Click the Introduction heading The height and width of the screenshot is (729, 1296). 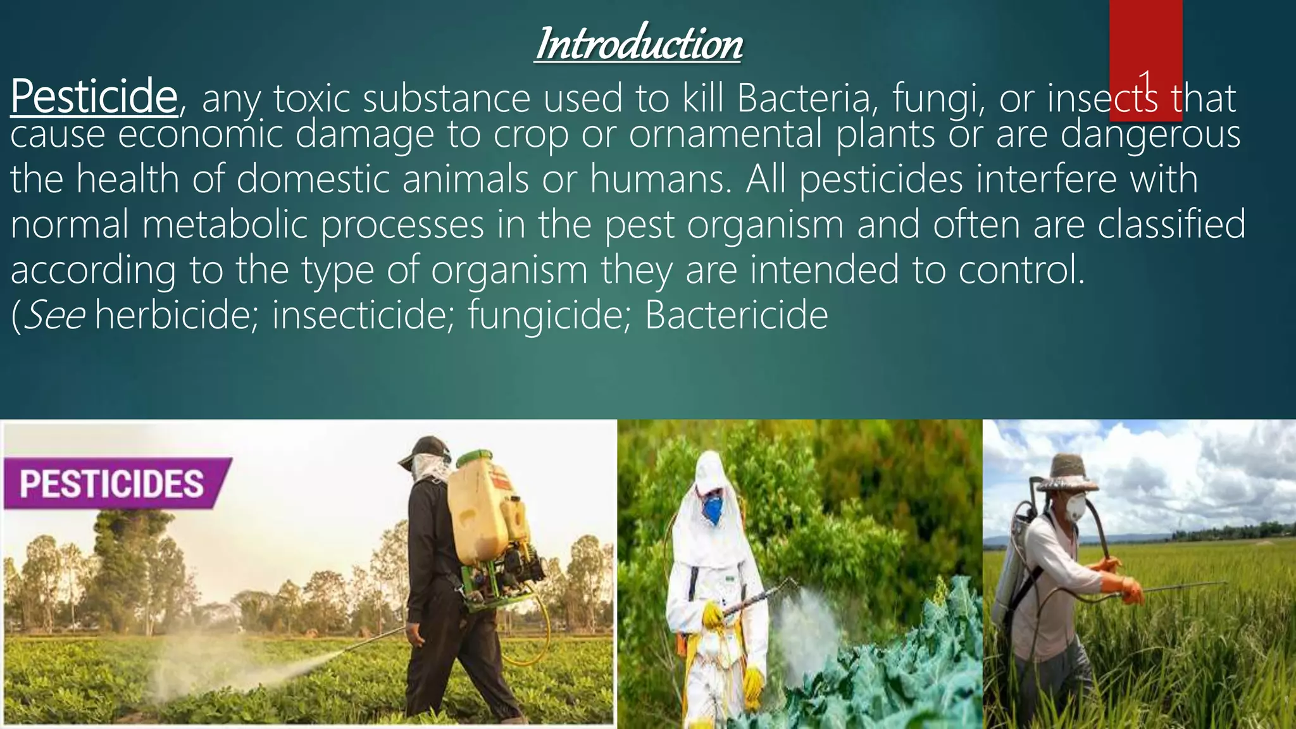point(639,44)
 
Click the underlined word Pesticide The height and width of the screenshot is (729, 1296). point(94,97)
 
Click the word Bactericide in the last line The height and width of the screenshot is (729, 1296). point(736,315)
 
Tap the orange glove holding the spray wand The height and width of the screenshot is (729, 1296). point(1131,590)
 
